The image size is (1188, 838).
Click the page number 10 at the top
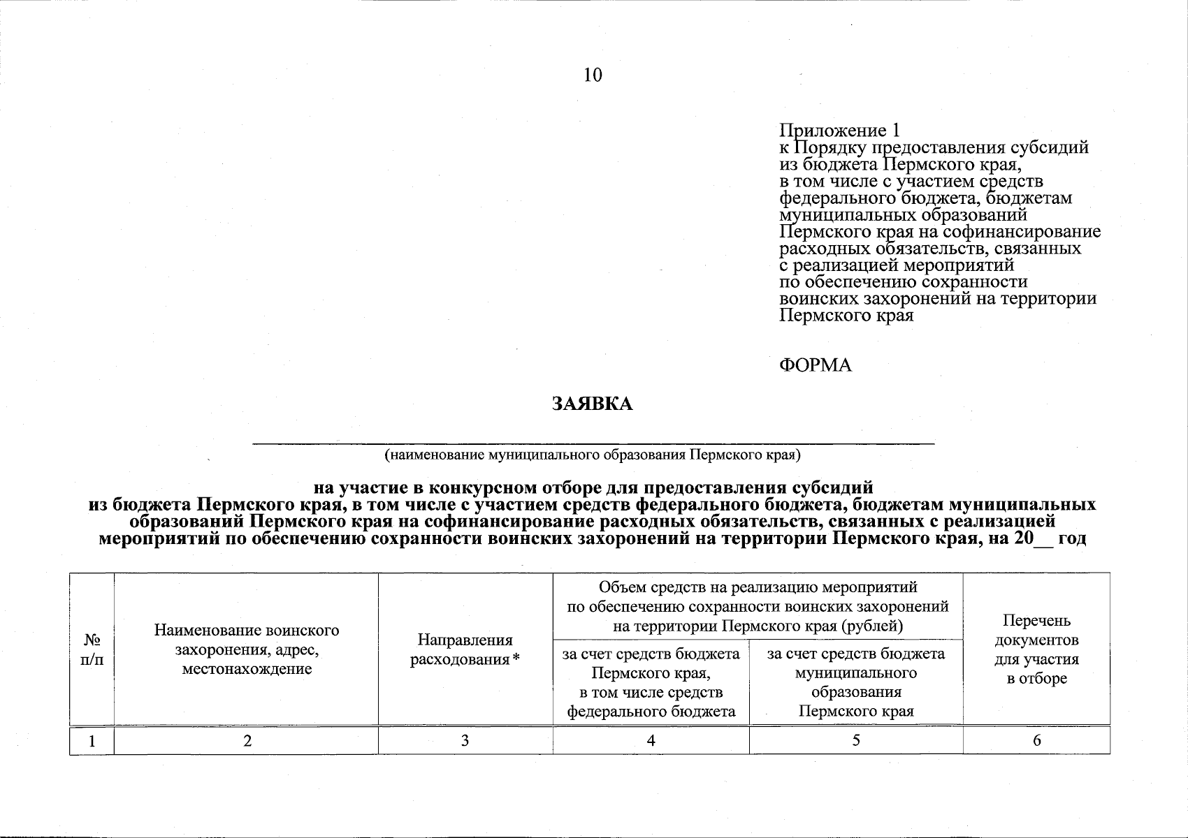[x=593, y=75]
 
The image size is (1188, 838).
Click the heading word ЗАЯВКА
[x=593, y=404]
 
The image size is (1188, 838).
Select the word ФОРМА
[x=816, y=365]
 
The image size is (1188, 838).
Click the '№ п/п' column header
[x=92, y=649]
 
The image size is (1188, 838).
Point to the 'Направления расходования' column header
[x=465, y=649]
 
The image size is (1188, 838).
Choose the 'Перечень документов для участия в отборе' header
[x=1036, y=649]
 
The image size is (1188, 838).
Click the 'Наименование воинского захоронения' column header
[x=246, y=649]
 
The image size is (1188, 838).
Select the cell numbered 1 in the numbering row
[x=92, y=741]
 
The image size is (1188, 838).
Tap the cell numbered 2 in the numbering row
[x=247, y=741]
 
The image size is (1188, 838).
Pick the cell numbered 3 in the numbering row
[x=465, y=741]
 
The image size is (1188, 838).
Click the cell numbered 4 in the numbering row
[x=651, y=741]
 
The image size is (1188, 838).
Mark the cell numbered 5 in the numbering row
[x=855, y=741]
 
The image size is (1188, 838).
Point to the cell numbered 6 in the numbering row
[x=1036, y=741]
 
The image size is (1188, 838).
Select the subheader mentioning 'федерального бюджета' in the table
[x=651, y=683]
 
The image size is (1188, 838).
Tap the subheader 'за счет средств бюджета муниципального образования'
[x=855, y=683]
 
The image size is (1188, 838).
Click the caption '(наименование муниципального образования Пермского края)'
[x=593, y=456]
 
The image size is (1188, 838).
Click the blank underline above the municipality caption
[x=593, y=443]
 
